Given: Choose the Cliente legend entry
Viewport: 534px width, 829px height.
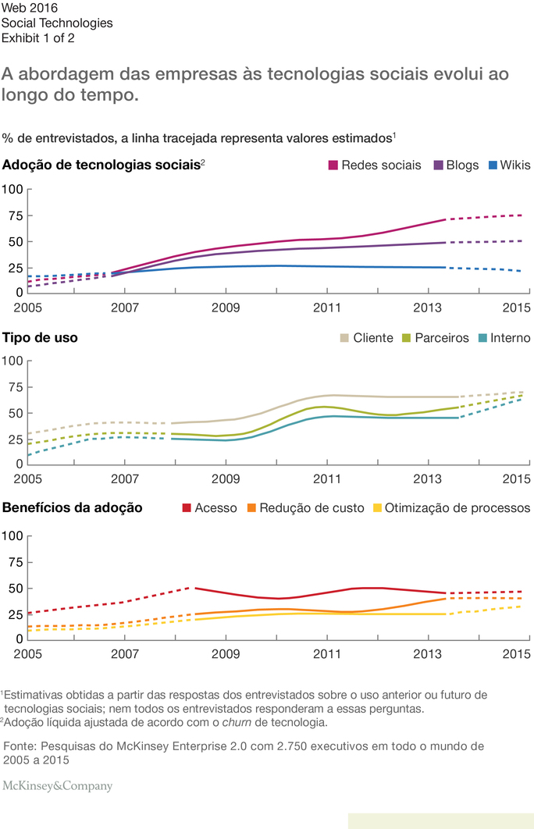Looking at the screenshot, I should [x=367, y=338].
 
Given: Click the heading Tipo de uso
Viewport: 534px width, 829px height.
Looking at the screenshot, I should [x=40, y=338].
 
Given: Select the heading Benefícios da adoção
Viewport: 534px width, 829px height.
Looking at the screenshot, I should [x=73, y=508].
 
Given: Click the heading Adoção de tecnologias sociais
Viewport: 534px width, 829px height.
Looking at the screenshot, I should [x=101, y=165].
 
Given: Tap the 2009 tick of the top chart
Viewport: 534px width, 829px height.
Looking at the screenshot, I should [x=226, y=306].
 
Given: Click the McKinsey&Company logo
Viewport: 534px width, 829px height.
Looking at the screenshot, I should [x=57, y=787].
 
